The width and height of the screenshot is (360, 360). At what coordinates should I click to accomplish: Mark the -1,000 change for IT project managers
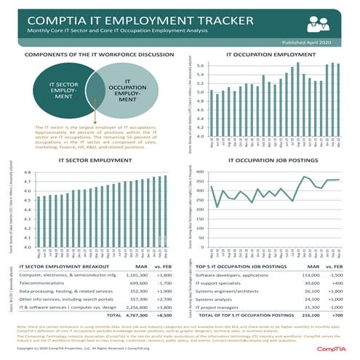coord(343,307)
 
